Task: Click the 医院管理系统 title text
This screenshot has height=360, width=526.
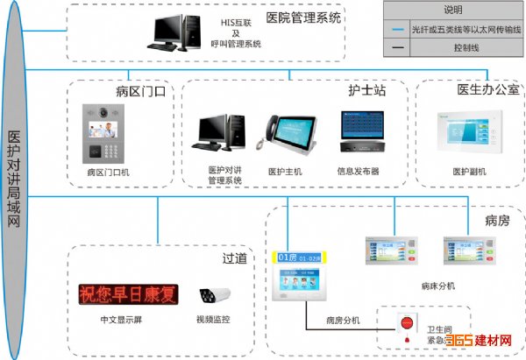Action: point(302,17)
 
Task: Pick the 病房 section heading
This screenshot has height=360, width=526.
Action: point(496,220)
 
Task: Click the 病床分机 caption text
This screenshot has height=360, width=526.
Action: point(437,286)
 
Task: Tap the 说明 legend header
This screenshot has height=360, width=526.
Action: point(451,10)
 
